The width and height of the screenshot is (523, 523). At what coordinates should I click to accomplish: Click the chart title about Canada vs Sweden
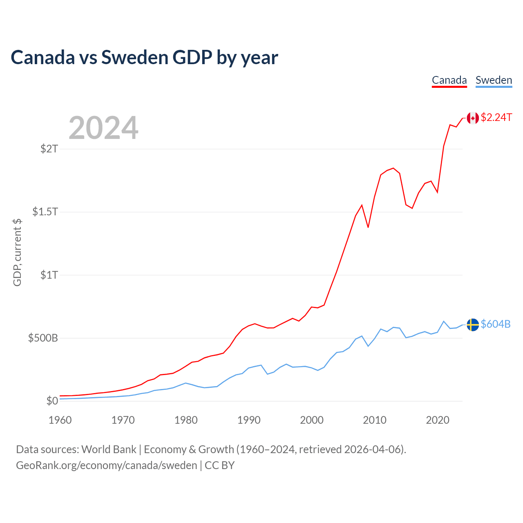pyautogui.click(x=144, y=58)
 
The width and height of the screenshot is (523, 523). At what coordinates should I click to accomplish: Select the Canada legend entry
pyautogui.click(x=449, y=80)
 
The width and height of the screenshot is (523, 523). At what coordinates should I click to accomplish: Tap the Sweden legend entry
pyautogui.click(x=494, y=80)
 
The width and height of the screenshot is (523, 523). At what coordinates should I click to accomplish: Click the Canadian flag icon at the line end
pyautogui.click(x=473, y=118)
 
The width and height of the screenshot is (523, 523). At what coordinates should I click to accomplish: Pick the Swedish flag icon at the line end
pyautogui.click(x=473, y=325)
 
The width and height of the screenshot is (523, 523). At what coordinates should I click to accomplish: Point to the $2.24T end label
pyautogui.click(x=496, y=118)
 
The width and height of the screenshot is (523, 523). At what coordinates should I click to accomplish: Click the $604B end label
pyautogui.click(x=495, y=324)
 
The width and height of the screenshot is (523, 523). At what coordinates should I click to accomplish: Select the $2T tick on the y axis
pyautogui.click(x=49, y=149)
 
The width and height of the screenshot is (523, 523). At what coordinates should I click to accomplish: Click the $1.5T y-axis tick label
pyautogui.click(x=45, y=212)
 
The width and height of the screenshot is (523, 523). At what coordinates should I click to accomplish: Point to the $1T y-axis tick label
pyautogui.click(x=49, y=275)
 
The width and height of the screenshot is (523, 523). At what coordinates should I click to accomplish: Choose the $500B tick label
pyautogui.click(x=43, y=338)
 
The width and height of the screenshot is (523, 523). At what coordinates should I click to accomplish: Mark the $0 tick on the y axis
pyautogui.click(x=52, y=401)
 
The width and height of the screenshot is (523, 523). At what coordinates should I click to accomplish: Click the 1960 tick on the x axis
pyautogui.click(x=60, y=420)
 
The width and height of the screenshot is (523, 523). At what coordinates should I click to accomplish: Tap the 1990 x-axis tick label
pyautogui.click(x=249, y=420)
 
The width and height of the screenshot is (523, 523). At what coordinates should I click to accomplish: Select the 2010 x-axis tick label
pyautogui.click(x=375, y=420)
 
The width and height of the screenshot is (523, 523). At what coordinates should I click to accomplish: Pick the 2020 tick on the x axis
pyautogui.click(x=438, y=420)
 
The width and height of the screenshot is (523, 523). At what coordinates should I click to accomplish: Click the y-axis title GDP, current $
pyautogui.click(x=17, y=253)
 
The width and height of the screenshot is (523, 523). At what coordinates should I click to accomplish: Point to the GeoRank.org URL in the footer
pyautogui.click(x=107, y=465)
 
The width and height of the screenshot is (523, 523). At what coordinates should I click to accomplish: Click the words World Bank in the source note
pyautogui.click(x=109, y=449)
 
